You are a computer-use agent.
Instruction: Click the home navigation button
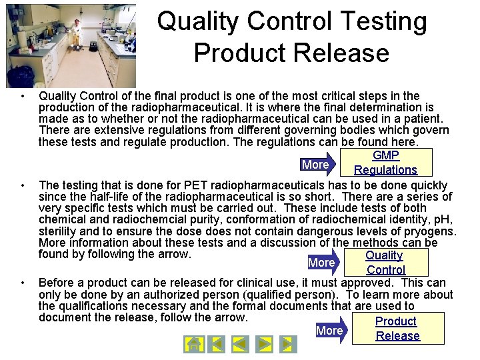coord(193,345)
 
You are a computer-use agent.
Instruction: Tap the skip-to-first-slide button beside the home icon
coord(216,345)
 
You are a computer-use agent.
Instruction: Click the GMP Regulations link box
coord(385,163)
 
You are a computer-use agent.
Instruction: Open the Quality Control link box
coord(385,262)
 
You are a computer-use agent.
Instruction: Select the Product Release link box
coord(397,328)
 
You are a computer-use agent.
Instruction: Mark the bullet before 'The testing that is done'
coord(23,185)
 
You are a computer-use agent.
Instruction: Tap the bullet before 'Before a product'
coord(23,283)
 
